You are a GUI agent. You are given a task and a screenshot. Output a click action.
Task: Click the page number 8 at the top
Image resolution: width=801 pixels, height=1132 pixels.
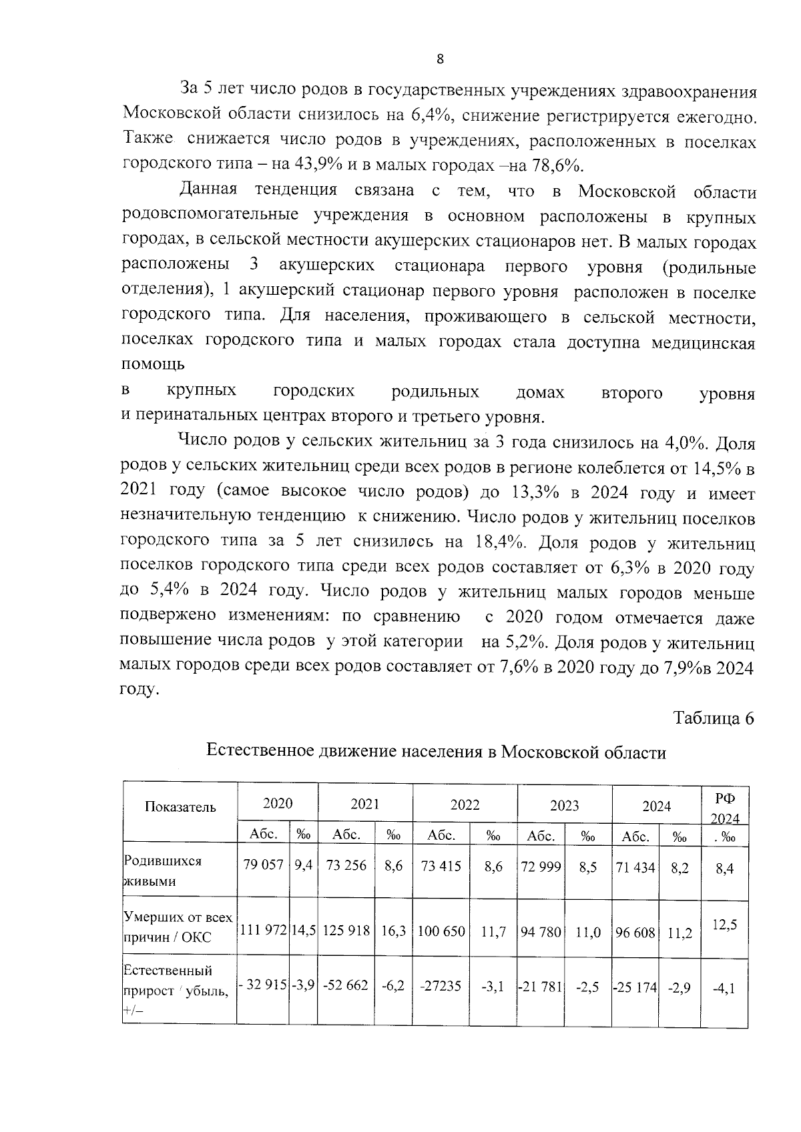pyautogui.click(x=440, y=59)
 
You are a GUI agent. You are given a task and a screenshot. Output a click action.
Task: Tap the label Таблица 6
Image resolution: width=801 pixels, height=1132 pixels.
pyautogui.click(x=713, y=718)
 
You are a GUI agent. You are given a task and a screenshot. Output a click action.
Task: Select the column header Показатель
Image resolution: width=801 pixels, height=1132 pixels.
pyautogui.click(x=180, y=807)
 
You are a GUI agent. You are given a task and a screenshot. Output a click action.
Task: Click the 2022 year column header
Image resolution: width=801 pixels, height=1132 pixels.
pyautogui.click(x=465, y=804)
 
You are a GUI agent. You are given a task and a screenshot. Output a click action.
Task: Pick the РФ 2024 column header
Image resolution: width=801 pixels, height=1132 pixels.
pyautogui.click(x=724, y=807)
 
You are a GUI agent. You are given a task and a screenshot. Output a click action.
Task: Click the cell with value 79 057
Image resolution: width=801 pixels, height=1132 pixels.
pyautogui.click(x=264, y=866)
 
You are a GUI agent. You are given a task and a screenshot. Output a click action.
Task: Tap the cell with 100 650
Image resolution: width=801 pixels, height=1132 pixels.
pyautogui.click(x=441, y=931)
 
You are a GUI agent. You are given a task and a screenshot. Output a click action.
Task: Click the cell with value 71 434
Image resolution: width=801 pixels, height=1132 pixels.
pyautogui.click(x=635, y=867)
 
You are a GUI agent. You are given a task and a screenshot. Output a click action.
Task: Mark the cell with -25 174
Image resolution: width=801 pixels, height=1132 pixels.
pyautogui.click(x=635, y=986)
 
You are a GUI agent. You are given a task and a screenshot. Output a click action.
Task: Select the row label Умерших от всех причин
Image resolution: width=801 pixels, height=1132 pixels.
pyautogui.click(x=177, y=927)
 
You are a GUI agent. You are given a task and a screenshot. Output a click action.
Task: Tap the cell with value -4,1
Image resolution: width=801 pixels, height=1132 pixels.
pyautogui.click(x=724, y=989)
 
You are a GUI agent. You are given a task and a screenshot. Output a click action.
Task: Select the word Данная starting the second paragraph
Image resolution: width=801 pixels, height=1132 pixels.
pyautogui.click(x=208, y=190)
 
